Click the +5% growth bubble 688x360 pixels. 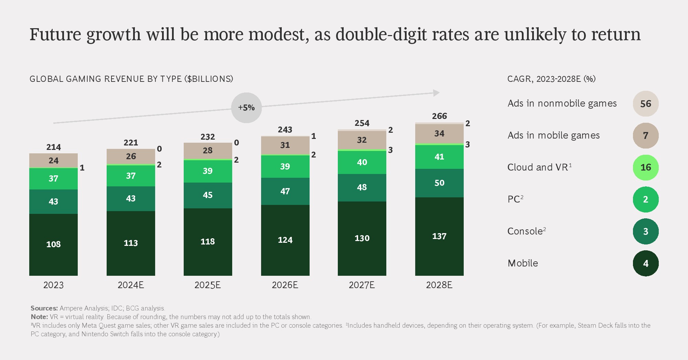[x=246, y=108]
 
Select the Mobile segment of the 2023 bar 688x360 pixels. [x=53, y=244]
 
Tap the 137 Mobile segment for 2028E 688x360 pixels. [x=439, y=236]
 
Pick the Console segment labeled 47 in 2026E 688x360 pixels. [x=285, y=191]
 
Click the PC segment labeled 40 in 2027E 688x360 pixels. [x=362, y=162]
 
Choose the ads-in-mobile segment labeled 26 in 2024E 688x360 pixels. [x=131, y=156]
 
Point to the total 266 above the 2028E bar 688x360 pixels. [x=439, y=116]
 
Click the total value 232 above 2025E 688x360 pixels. [x=207, y=137]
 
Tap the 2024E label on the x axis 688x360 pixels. [x=131, y=285]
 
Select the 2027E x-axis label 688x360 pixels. [x=362, y=285]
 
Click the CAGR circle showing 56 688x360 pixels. [x=646, y=103]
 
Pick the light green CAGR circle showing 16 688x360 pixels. [x=646, y=167]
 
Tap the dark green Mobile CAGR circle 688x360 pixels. [x=646, y=263]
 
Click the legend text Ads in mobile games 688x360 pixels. [x=553, y=135]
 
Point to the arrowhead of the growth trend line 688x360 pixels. [x=437, y=93]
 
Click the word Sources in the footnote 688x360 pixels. [x=44, y=308]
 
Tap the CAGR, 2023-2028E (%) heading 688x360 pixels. [x=551, y=79]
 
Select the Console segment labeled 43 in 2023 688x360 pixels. [x=53, y=201]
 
